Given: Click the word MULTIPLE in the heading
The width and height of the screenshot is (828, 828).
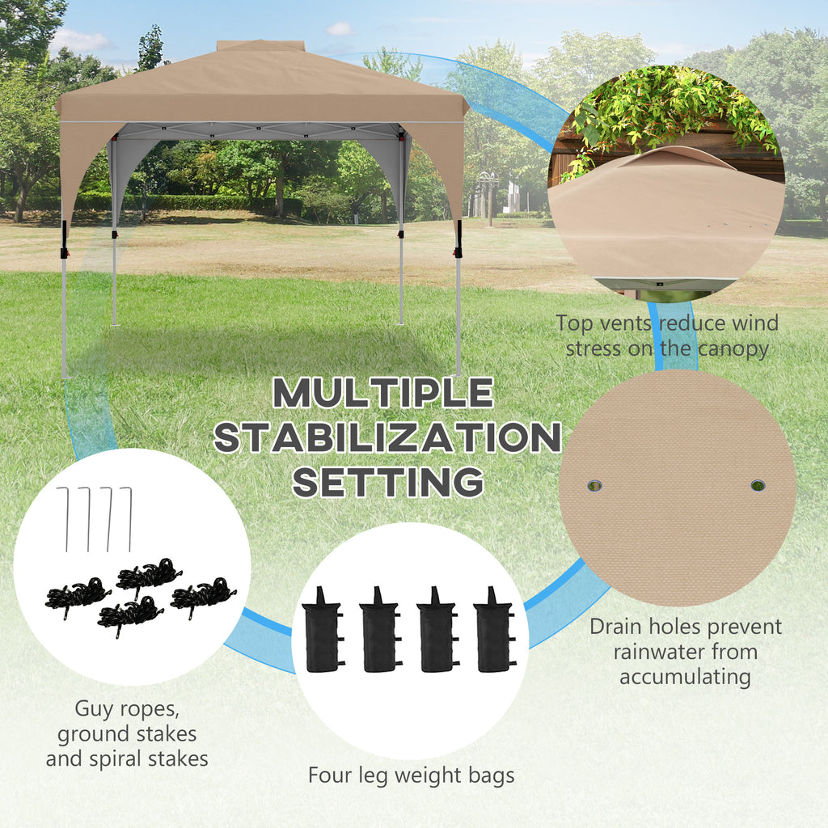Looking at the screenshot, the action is (383, 392).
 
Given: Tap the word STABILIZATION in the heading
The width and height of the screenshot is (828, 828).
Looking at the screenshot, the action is (387, 437).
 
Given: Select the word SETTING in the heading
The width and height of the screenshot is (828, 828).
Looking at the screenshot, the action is (388, 482).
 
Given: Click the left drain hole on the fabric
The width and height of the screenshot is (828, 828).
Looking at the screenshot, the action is (594, 485).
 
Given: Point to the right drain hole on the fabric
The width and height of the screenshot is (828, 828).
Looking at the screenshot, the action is (758, 485).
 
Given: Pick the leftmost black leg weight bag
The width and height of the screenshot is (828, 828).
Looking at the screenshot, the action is (323, 630).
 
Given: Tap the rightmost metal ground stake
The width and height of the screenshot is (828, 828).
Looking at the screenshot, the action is (127, 519).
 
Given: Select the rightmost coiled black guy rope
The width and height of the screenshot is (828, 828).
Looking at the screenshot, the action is (203, 597).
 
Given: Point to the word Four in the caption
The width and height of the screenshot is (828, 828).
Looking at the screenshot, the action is (331, 775).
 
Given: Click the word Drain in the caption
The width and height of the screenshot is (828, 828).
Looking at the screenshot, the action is (615, 627).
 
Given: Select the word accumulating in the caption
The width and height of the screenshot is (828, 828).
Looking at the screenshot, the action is (686, 677).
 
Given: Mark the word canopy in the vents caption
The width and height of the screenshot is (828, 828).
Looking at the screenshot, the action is (733, 349).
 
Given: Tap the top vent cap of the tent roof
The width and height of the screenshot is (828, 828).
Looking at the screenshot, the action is (261, 46).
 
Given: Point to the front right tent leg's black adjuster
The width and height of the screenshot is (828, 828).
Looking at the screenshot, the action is (458, 239).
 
